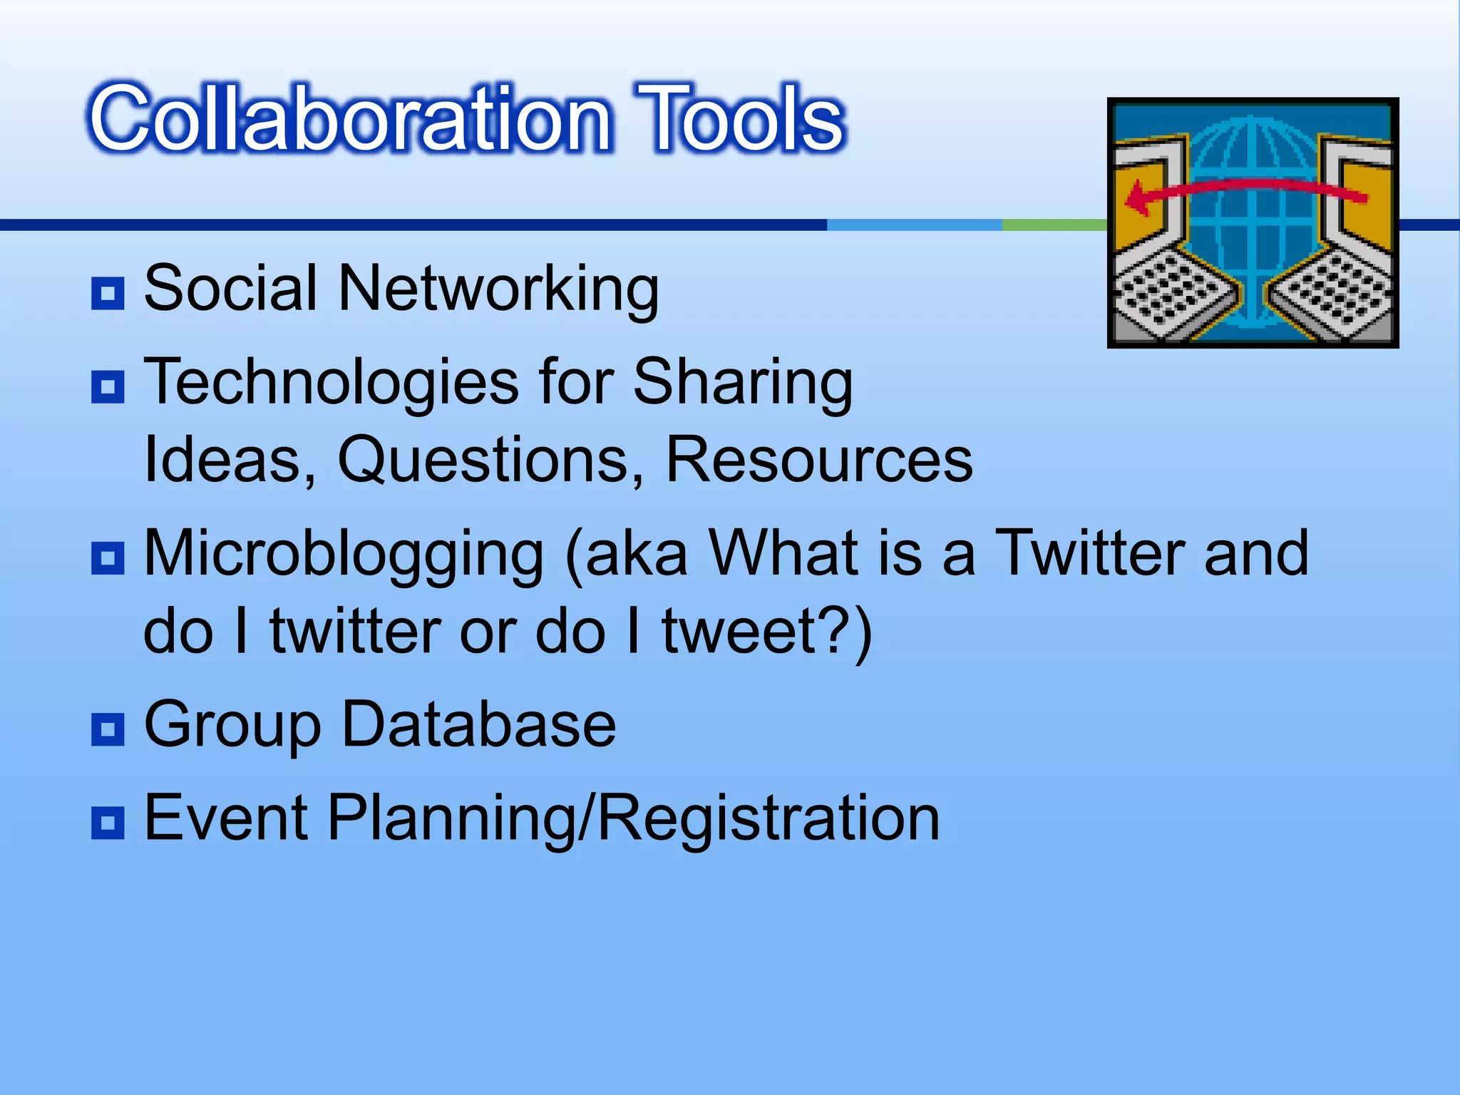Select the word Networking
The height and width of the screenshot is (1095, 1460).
(x=498, y=289)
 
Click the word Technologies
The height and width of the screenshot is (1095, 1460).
(x=331, y=383)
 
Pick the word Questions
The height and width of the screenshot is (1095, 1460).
(x=491, y=460)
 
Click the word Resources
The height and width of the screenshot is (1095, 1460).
(x=818, y=460)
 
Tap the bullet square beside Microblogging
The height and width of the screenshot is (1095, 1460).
(x=108, y=558)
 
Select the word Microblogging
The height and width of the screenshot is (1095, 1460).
(x=344, y=555)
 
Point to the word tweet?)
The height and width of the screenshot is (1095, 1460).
(x=767, y=631)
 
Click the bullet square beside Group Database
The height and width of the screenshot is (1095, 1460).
(x=108, y=729)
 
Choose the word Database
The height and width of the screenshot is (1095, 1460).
(x=479, y=724)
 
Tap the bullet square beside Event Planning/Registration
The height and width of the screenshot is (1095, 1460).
(x=108, y=823)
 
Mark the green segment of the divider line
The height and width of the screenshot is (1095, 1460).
(x=1054, y=225)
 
